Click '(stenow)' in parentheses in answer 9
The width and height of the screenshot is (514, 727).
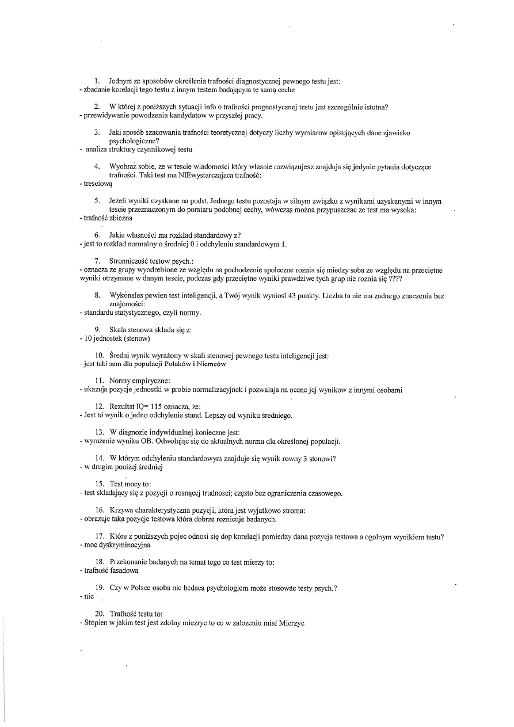click(138, 338)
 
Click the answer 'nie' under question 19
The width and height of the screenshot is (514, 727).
click(89, 596)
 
